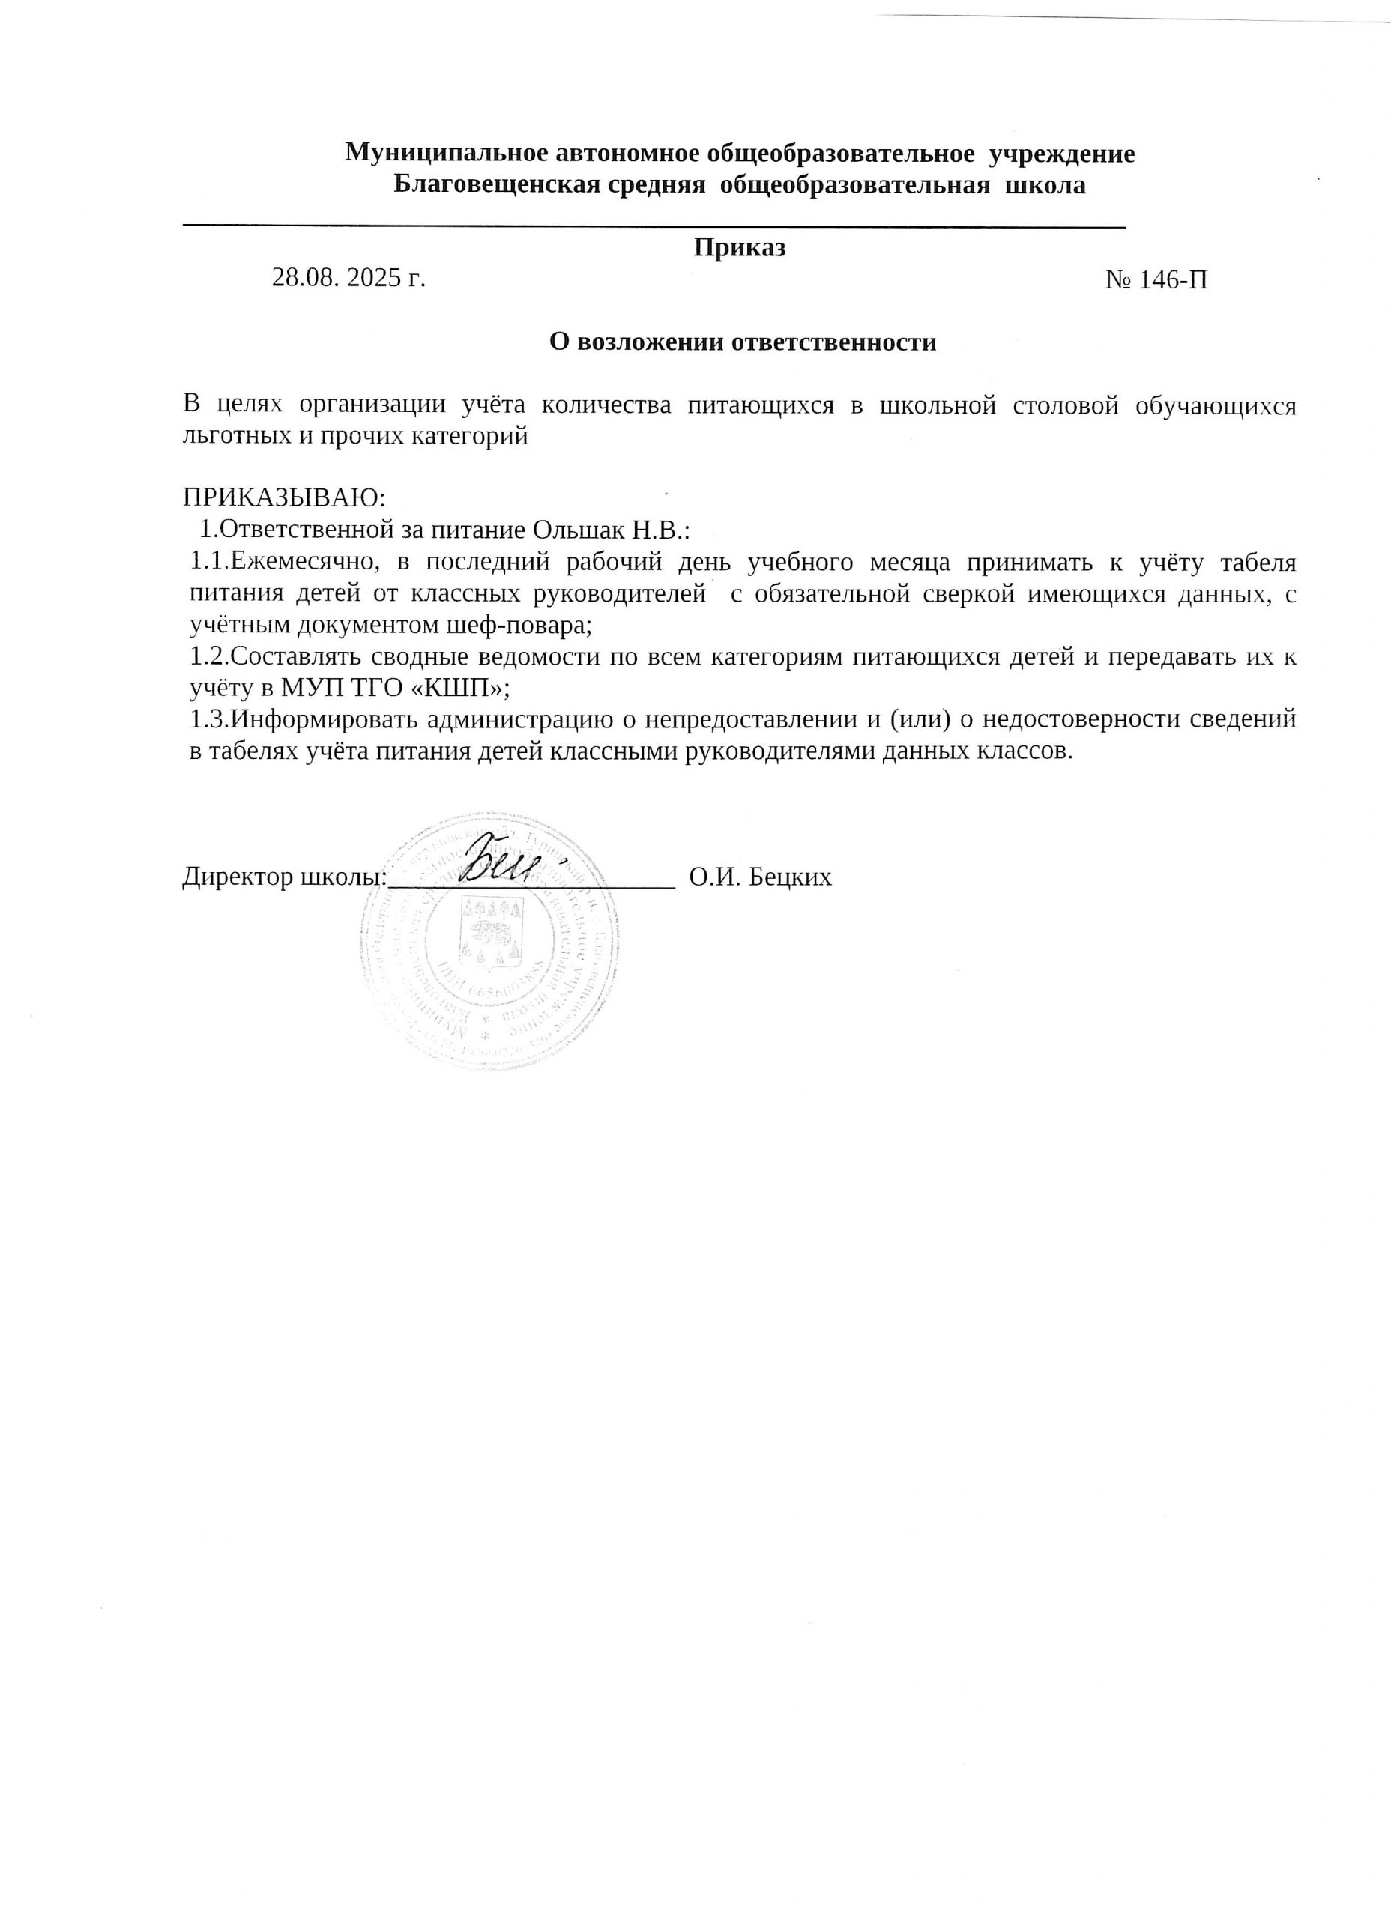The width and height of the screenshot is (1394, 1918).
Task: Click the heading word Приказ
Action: coord(739,248)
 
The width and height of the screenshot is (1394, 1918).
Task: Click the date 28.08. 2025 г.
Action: coord(348,277)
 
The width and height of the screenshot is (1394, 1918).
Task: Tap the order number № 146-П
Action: coord(1156,280)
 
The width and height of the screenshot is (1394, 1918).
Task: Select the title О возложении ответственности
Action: coord(743,342)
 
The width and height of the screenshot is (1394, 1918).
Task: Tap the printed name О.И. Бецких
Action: coord(760,877)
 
